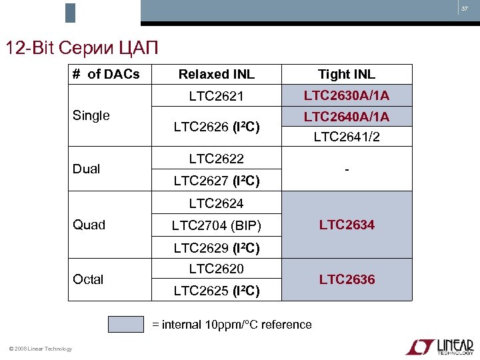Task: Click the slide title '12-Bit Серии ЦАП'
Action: (x=82, y=48)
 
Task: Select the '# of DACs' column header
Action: (x=106, y=74)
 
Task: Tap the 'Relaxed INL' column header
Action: (x=216, y=74)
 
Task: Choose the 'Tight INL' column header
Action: (x=346, y=74)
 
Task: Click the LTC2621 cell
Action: (x=216, y=96)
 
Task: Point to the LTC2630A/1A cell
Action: (x=346, y=95)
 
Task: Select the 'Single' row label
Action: (x=91, y=115)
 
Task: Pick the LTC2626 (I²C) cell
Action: (x=216, y=126)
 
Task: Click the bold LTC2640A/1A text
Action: (x=346, y=117)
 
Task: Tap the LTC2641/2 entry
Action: (x=346, y=137)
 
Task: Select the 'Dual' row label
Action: (x=87, y=169)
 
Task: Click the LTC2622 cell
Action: (x=216, y=159)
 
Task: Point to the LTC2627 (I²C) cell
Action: (x=216, y=180)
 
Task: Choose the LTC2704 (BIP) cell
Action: (x=216, y=225)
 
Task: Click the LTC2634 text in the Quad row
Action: (x=347, y=225)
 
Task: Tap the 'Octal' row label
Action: (x=88, y=279)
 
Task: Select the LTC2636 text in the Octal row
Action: (x=347, y=279)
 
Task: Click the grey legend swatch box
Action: (x=126, y=324)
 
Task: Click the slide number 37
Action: (x=465, y=9)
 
